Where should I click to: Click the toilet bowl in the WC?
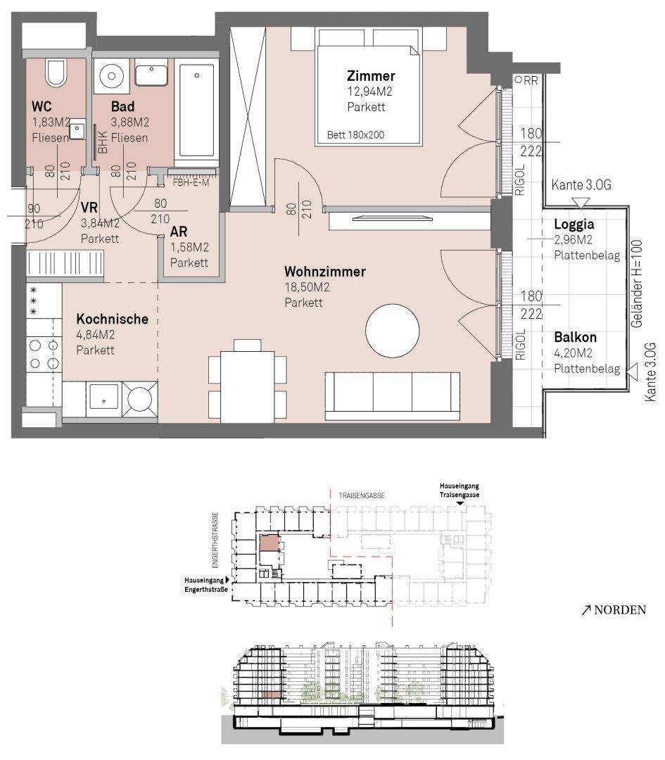click(56, 72)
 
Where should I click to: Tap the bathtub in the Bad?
click(196, 110)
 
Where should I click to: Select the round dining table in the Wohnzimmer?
click(392, 331)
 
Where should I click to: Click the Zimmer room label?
click(371, 75)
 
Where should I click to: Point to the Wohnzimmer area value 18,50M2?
click(307, 287)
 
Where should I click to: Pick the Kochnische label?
click(113, 319)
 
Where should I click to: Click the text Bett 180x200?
click(356, 134)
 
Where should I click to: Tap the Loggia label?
click(574, 224)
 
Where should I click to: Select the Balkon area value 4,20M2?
click(574, 353)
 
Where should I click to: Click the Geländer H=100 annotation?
click(637, 284)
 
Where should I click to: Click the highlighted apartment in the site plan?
click(270, 543)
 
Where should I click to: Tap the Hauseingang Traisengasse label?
click(460, 490)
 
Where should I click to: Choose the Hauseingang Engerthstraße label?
click(206, 585)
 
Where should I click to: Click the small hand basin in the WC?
click(77, 130)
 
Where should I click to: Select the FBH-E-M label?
click(191, 183)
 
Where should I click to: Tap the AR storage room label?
click(178, 232)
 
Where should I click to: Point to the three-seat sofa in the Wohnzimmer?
click(392, 396)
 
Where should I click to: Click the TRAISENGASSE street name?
click(362, 495)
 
